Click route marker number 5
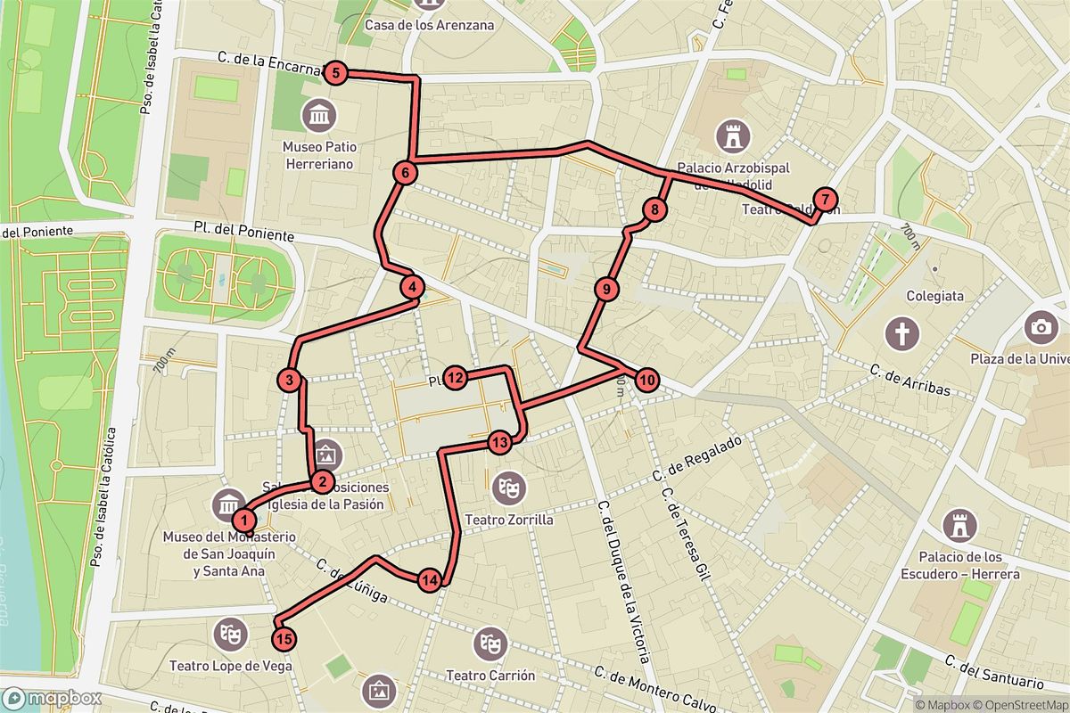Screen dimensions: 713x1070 334,73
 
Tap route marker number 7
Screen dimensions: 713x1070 826,200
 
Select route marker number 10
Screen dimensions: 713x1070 647,381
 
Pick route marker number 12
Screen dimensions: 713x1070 456,378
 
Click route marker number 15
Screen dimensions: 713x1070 284,638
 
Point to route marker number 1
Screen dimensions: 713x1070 241,518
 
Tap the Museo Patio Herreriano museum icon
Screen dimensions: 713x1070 318,115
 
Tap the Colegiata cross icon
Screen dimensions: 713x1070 901,334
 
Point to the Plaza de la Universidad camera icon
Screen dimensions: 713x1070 1040,326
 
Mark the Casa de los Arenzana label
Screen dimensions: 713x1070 429,25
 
